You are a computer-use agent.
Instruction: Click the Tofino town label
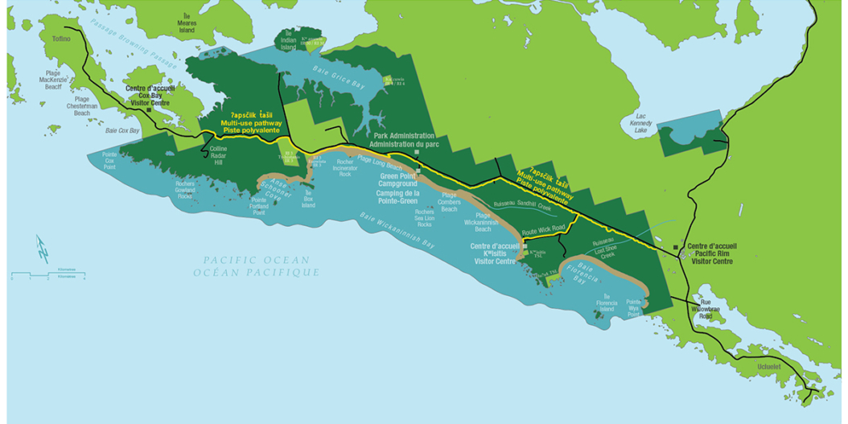(62, 38)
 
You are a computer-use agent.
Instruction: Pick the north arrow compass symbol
(43, 248)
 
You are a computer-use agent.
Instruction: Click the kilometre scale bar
(47, 276)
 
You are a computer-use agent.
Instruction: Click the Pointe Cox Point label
(109, 159)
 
